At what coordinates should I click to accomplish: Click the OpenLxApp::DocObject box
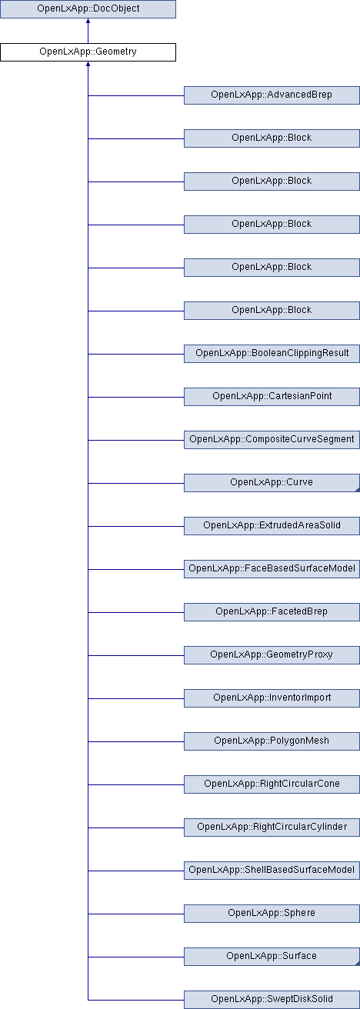click(88, 9)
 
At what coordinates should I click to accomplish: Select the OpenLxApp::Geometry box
click(88, 52)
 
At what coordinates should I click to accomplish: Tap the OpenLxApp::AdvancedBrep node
click(272, 95)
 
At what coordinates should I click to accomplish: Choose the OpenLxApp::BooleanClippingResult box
click(272, 354)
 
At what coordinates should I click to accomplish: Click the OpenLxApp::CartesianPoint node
click(272, 396)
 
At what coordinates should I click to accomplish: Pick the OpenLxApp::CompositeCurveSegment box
click(272, 440)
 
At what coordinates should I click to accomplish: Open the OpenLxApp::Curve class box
click(272, 482)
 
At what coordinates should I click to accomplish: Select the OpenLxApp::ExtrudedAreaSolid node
click(272, 526)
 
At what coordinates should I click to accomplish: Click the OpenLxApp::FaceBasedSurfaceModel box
click(272, 569)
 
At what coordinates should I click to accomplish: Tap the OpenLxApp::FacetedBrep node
click(272, 611)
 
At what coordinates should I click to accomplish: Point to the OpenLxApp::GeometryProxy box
click(272, 655)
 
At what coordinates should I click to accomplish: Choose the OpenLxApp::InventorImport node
click(272, 698)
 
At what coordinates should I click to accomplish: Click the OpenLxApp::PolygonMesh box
click(272, 741)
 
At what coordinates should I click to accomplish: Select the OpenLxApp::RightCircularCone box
click(272, 784)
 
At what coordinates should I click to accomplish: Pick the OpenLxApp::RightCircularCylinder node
click(272, 828)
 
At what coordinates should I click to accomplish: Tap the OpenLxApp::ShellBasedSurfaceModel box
click(272, 871)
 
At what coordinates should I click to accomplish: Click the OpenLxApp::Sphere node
click(272, 914)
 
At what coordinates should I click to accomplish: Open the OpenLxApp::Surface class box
click(272, 957)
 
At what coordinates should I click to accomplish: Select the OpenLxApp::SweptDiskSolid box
click(272, 1000)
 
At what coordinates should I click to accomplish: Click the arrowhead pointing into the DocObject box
click(88, 21)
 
